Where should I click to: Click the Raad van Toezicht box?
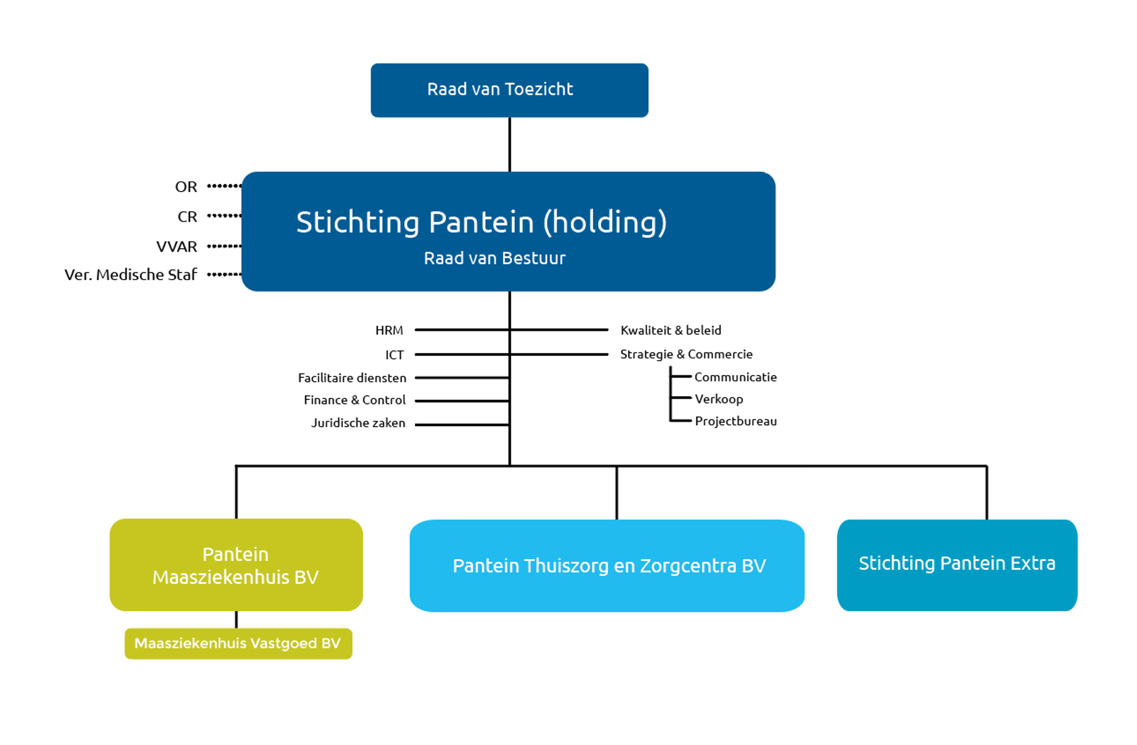pyautogui.click(x=509, y=90)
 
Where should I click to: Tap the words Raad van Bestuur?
pyautogui.click(x=495, y=259)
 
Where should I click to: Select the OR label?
pyautogui.click(x=186, y=187)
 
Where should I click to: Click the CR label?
pyautogui.click(x=187, y=217)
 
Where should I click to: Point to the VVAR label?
pyautogui.click(x=177, y=247)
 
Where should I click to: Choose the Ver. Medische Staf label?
pyautogui.click(x=131, y=275)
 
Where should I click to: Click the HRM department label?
pyautogui.click(x=389, y=331)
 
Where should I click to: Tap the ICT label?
pyautogui.click(x=394, y=355)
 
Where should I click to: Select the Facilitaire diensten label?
pyautogui.click(x=352, y=378)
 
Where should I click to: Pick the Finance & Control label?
pyautogui.click(x=355, y=400)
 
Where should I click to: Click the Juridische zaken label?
pyautogui.click(x=358, y=423)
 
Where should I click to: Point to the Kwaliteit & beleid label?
pyautogui.click(x=671, y=330)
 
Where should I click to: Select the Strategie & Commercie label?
pyautogui.click(x=686, y=354)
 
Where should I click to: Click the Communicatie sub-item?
pyautogui.click(x=735, y=377)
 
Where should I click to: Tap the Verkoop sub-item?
pyautogui.click(x=719, y=399)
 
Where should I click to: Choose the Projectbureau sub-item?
pyautogui.click(x=736, y=421)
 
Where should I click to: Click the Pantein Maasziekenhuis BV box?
pyautogui.click(x=236, y=565)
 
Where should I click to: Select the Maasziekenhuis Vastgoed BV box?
pyautogui.click(x=238, y=643)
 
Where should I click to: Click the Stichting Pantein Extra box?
pyautogui.click(x=957, y=564)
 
